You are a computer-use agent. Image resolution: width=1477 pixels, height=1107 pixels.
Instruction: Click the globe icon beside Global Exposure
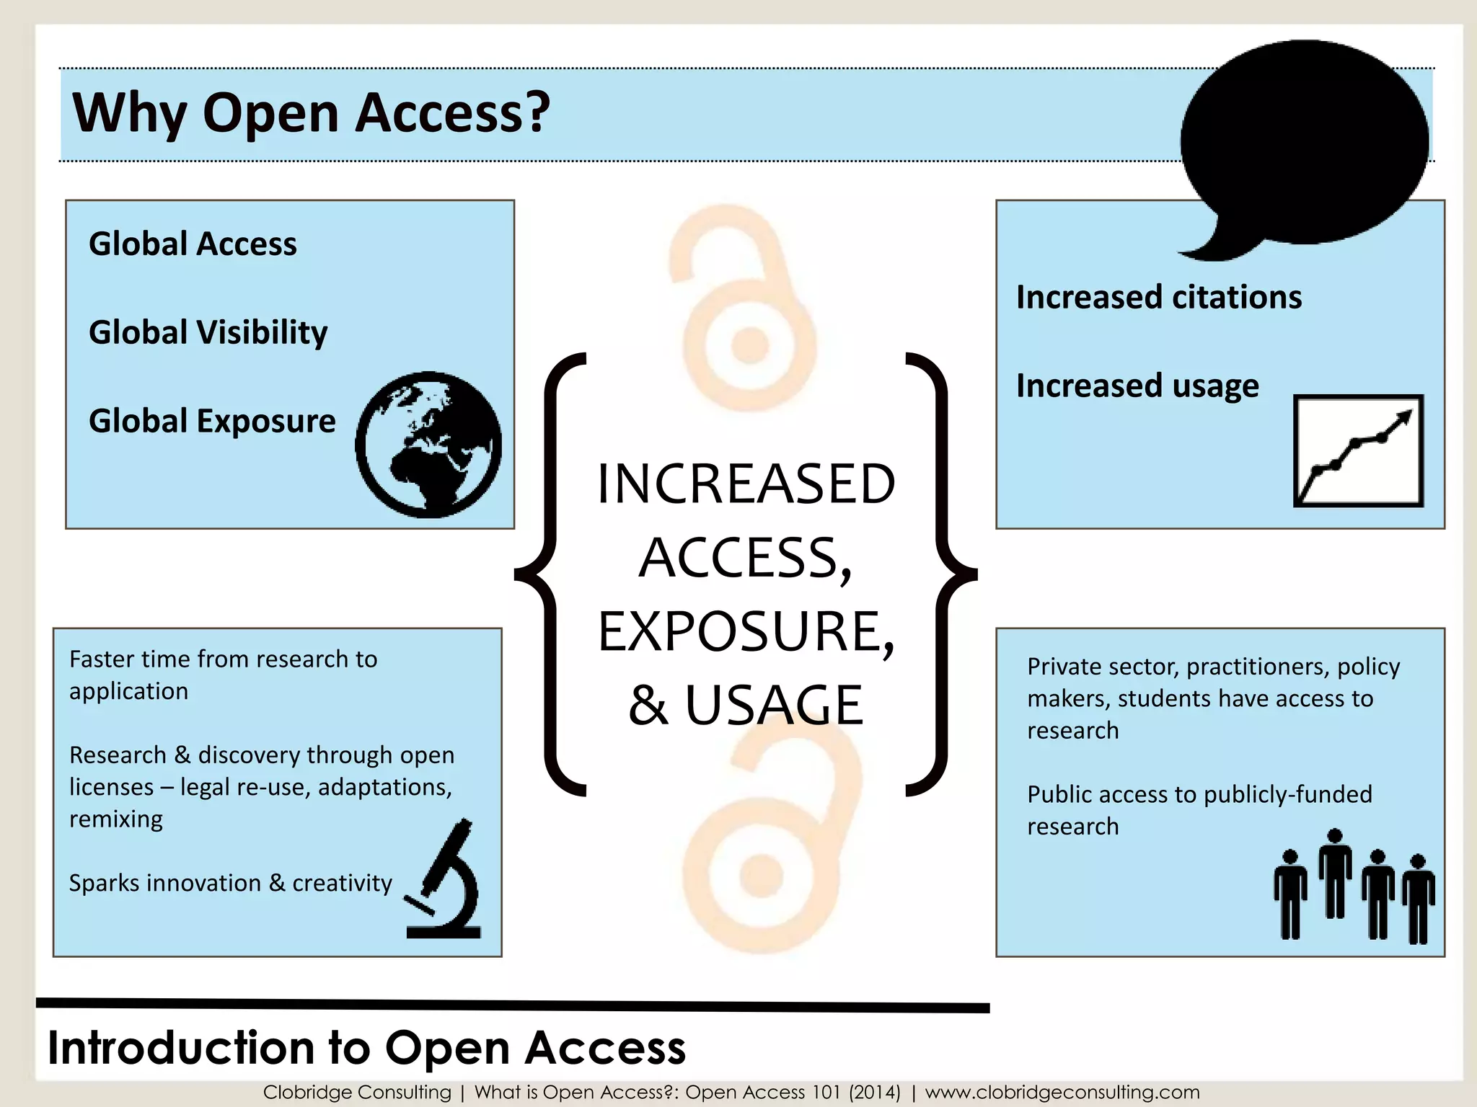[428, 445]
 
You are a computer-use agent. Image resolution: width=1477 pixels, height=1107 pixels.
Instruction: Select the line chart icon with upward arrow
[1358, 450]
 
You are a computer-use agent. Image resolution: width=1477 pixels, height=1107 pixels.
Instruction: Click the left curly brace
[552, 574]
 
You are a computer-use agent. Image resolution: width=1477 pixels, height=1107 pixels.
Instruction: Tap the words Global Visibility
[208, 332]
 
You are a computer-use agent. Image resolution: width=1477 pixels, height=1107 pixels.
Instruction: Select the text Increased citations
[1159, 297]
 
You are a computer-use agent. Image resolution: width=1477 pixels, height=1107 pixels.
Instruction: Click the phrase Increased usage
[1137, 386]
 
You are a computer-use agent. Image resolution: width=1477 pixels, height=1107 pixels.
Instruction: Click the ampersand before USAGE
[647, 706]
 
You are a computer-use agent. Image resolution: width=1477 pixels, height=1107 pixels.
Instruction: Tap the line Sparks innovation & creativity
[230, 883]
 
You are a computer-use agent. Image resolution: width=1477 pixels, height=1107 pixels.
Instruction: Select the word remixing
[116, 819]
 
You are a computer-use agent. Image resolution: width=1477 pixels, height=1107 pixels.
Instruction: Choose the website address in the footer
[1062, 1093]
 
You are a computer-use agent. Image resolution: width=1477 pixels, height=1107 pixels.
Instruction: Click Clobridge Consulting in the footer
[357, 1093]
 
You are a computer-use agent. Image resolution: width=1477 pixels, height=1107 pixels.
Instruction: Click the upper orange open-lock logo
[743, 310]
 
